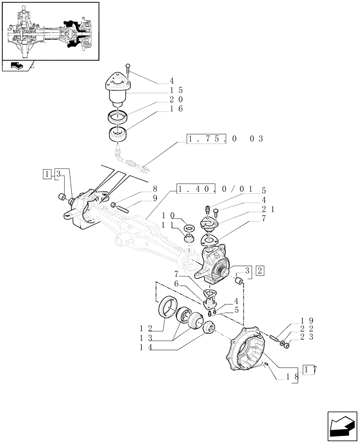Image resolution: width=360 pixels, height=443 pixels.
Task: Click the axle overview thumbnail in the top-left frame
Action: [50, 31]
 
